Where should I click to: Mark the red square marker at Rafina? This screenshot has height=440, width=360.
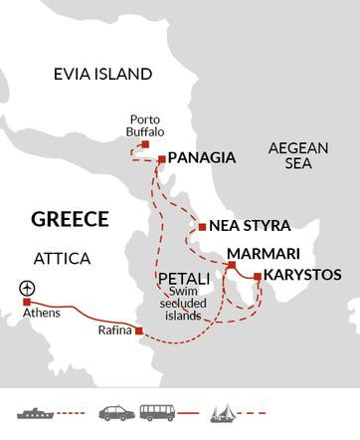(x=138, y=330)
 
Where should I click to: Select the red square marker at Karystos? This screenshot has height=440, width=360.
(x=258, y=276)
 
